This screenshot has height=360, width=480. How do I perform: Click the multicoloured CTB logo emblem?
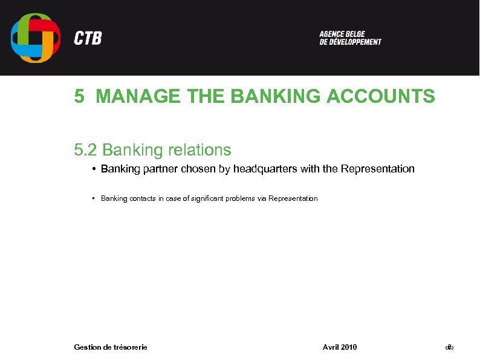coord(35,38)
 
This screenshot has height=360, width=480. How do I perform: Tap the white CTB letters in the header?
coord(88,38)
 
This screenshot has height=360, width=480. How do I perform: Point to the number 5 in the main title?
coord(79,96)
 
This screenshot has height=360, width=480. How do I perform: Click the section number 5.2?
coord(86,149)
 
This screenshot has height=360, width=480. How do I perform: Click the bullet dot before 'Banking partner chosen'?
coord(94,169)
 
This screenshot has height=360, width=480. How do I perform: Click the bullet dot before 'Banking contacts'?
coord(94,198)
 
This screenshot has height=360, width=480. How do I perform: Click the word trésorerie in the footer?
coord(130,347)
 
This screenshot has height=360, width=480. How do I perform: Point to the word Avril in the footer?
coord(330,347)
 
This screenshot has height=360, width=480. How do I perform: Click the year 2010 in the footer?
coord(349,347)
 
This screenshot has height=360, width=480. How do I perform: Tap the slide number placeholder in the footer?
coord(449,347)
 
